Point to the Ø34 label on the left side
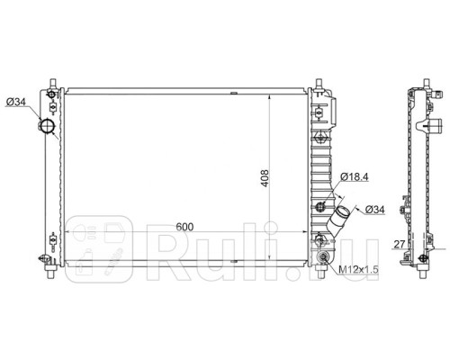17,102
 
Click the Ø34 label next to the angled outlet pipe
378,211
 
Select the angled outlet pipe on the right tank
338,220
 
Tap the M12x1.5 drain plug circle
321,261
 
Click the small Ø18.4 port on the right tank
320,208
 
